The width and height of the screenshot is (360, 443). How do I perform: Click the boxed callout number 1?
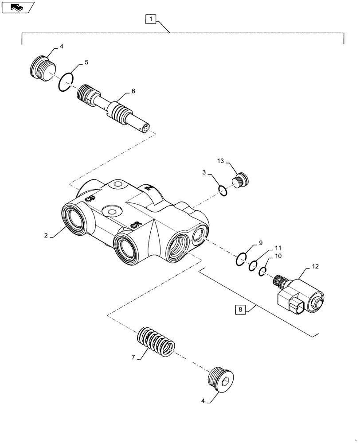coord(151,19)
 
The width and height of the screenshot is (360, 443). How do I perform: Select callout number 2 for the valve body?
coord(46,236)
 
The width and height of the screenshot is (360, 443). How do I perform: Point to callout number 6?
coord(133,91)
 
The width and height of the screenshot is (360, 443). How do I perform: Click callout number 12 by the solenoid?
coord(315,267)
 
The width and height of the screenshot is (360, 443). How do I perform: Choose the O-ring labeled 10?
coord(263,271)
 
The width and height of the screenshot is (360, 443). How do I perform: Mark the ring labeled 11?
coord(252,266)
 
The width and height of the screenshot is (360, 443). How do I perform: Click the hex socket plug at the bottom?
coord(222,380)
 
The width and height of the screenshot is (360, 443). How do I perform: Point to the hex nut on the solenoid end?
coord(317,303)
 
